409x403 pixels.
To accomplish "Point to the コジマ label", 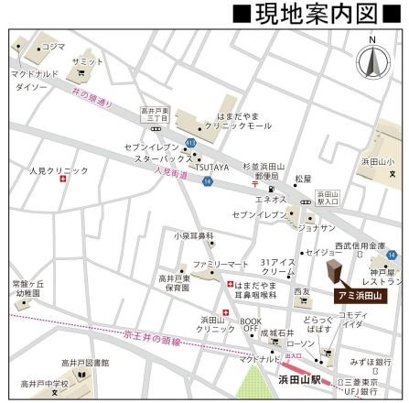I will (53, 46).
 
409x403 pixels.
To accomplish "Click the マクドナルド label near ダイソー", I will (35, 72).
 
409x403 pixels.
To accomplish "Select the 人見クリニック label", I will (59, 170).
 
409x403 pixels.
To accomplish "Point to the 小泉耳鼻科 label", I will (193, 235).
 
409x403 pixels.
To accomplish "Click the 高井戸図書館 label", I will (85, 363).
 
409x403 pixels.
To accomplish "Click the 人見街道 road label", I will (171, 170).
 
